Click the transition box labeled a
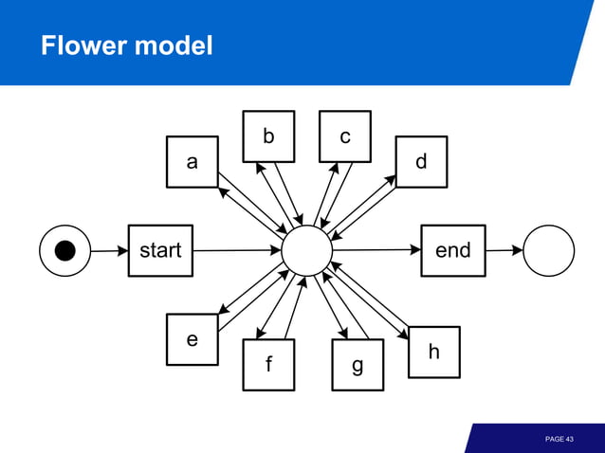click(x=192, y=162)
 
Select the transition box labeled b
click(x=268, y=136)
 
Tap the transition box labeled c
click(x=345, y=136)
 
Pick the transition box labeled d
click(x=421, y=162)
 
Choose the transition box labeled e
click(x=192, y=338)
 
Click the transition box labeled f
click(x=268, y=365)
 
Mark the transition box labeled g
click(x=357, y=365)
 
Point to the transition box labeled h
click(x=433, y=352)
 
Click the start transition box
click(x=160, y=250)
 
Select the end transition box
click(x=452, y=250)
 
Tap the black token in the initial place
click(x=64, y=250)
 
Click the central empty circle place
click(x=307, y=251)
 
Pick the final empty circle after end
click(x=548, y=250)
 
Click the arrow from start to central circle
click(x=237, y=251)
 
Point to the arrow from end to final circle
click(x=504, y=250)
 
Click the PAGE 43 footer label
click(x=559, y=439)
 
